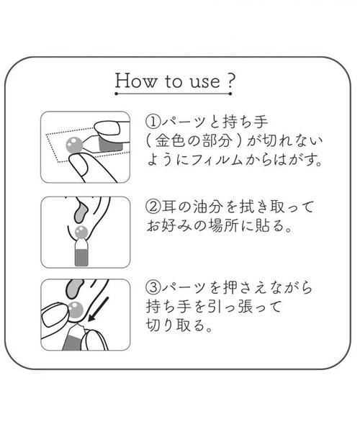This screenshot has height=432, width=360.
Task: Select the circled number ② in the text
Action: tap(153, 207)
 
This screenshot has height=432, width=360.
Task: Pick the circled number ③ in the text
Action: tap(153, 289)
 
